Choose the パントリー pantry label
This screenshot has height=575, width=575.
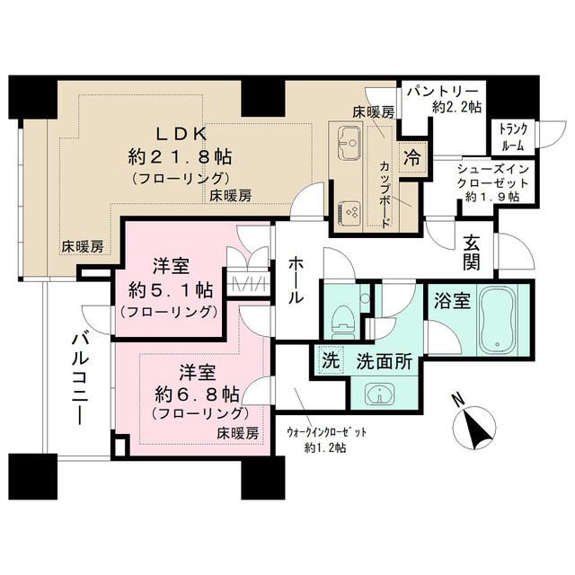[x=442, y=92]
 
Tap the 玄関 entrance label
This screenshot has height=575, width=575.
[x=471, y=251]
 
